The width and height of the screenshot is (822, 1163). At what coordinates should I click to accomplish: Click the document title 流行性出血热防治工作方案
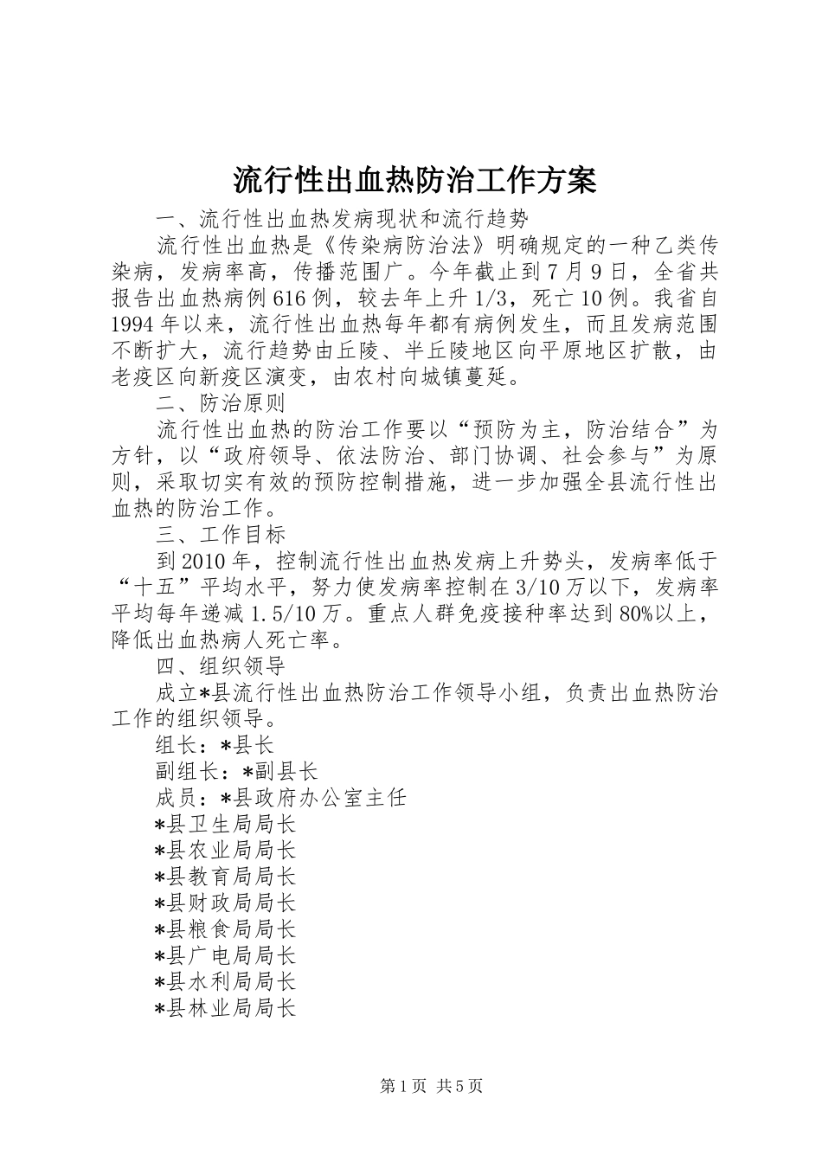(x=414, y=181)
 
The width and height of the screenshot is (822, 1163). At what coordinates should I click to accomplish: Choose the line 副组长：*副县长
(x=236, y=771)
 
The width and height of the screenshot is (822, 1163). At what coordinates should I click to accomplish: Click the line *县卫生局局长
(x=225, y=824)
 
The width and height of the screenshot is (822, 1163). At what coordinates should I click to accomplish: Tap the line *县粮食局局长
(x=225, y=929)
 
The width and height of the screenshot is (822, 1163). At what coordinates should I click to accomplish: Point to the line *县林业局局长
(x=225, y=1008)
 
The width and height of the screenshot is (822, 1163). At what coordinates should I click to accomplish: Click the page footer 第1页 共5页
(x=431, y=1086)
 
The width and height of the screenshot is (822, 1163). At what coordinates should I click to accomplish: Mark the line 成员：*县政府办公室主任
(x=280, y=798)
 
